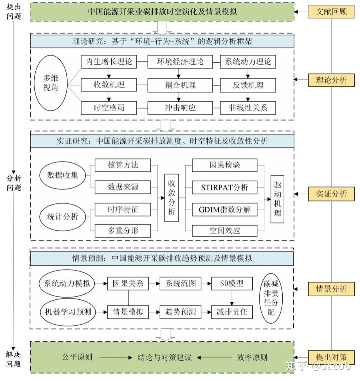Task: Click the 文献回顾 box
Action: [x=331, y=12]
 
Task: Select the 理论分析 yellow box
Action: [x=331, y=80]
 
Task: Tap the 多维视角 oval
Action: [x=51, y=83]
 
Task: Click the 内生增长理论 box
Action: [x=109, y=62]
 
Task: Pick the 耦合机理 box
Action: [x=180, y=85]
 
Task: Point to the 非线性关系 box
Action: [x=248, y=108]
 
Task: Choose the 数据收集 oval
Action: [x=62, y=175]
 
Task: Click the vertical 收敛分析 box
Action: [x=172, y=198]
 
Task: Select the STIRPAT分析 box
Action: [x=224, y=187]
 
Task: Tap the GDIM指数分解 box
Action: [x=224, y=210]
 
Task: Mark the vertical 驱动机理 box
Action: [x=277, y=199]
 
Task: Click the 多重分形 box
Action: [x=123, y=231]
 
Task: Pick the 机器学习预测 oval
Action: [x=67, y=312]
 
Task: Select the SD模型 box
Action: [x=232, y=284]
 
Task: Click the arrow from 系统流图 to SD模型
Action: [x=206, y=284]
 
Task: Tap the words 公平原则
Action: [x=77, y=357]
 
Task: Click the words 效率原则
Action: [x=252, y=357]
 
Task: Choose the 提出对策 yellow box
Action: [x=331, y=357]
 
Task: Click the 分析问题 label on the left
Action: [x=14, y=183]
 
